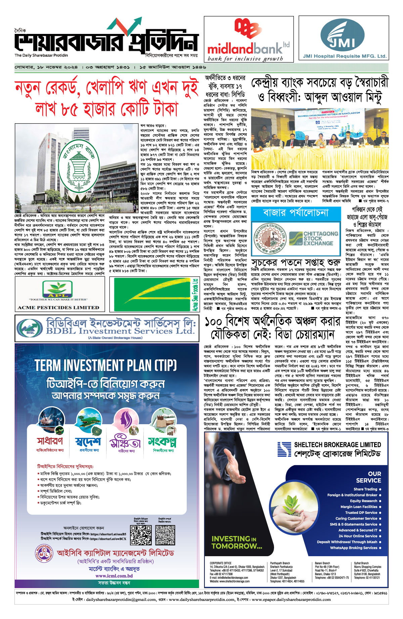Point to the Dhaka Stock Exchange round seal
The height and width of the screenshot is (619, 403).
pos(269,238)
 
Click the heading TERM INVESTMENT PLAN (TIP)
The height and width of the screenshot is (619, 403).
pos(105,365)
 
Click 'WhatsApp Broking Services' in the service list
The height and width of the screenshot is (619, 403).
pos(354,548)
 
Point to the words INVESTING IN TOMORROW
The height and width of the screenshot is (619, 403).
pos(236,542)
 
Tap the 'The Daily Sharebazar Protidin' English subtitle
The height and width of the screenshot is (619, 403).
pos(41,55)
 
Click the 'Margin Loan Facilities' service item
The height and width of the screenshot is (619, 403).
pos(359,507)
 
